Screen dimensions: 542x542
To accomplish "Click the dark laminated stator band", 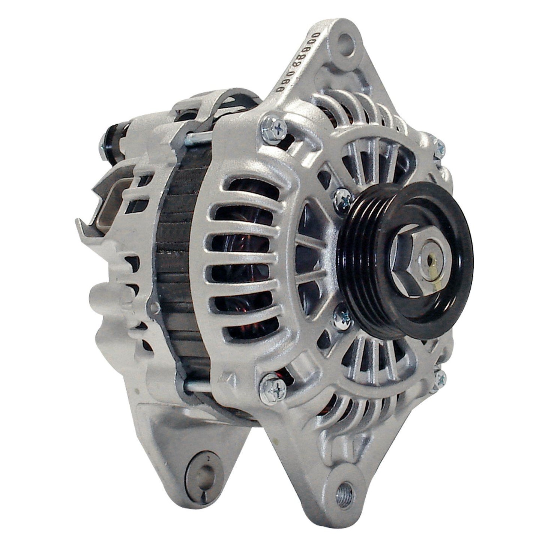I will click(x=176, y=263).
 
